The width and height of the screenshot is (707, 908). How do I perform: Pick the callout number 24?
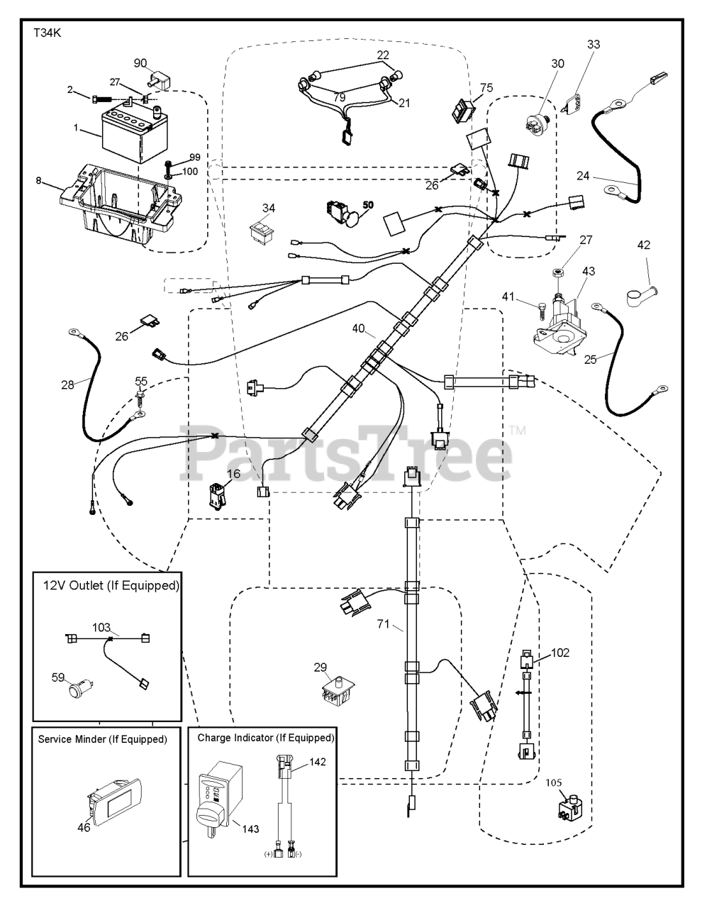pyautogui.click(x=583, y=175)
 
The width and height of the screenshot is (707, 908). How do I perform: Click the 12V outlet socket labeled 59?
pyautogui.click(x=75, y=688)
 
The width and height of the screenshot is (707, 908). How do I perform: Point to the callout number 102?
pyautogui.click(x=559, y=653)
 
